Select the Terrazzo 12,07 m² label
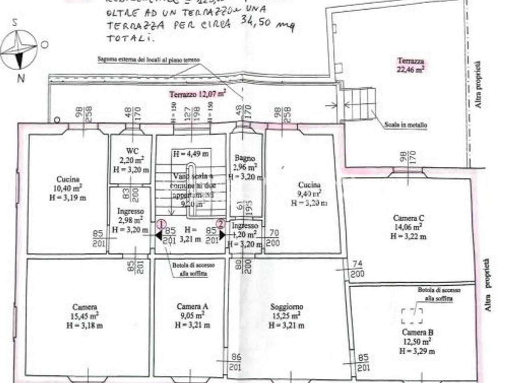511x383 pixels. coord(198,94)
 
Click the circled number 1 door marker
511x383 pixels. coord(160,224)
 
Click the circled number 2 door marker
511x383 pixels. coord(221,224)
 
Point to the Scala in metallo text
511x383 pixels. coord(406,125)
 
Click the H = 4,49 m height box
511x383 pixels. coord(191,154)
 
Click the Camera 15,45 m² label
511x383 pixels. coord(85,316)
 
